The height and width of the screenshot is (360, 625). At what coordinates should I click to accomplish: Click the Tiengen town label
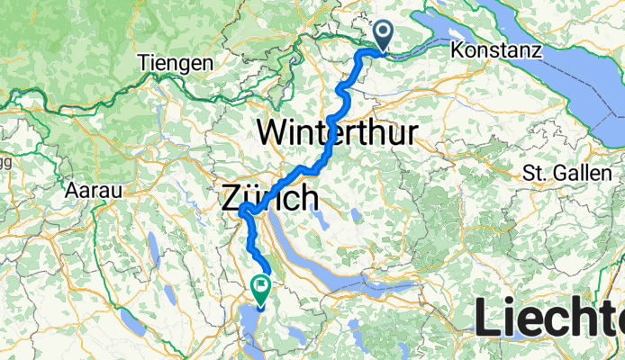pyautogui.click(x=177, y=63)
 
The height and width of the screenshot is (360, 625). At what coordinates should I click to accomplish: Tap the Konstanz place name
pyautogui.click(x=498, y=51)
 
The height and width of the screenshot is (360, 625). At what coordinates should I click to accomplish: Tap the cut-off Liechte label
pyautogui.click(x=549, y=319)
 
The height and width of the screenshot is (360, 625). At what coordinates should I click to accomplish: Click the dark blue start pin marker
pyautogui.click(x=384, y=36)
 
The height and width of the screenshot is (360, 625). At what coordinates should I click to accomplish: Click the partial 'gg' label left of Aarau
pyautogui.click(x=5, y=162)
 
